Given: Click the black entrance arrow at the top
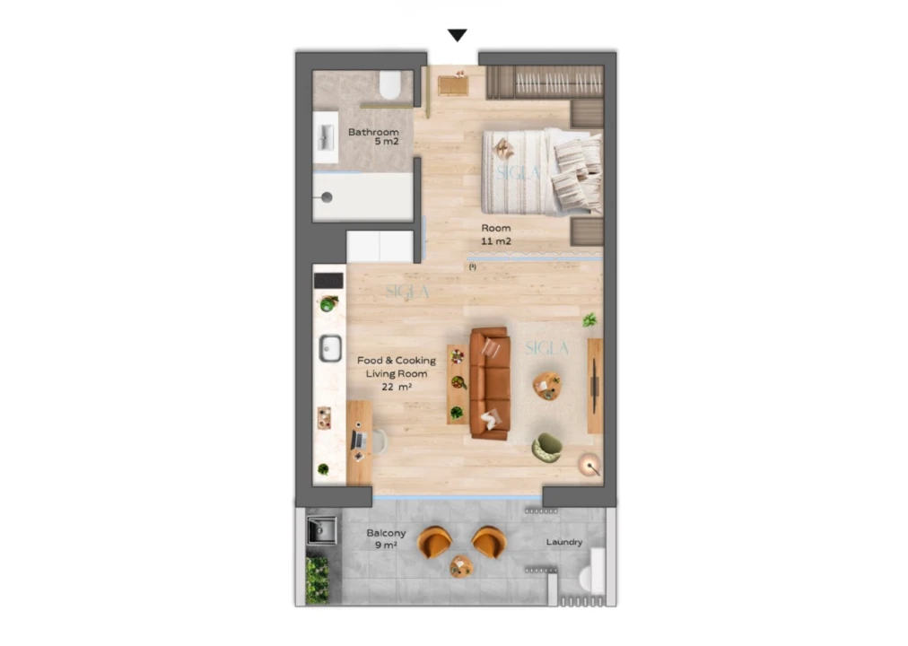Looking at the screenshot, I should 458,36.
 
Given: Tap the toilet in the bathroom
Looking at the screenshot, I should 390,87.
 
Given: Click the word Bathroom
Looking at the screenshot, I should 373,132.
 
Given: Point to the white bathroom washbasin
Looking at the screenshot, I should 324,137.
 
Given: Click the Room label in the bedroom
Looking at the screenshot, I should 495,228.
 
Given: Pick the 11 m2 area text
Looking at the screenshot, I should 495,242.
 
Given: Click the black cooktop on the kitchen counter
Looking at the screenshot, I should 328,281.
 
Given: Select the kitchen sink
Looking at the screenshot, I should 330,347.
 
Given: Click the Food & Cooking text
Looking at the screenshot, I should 396,361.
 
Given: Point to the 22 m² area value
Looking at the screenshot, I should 396,387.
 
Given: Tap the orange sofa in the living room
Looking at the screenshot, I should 490,383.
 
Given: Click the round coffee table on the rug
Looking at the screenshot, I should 546,387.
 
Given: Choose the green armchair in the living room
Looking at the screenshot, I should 546,447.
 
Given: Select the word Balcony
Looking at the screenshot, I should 386,533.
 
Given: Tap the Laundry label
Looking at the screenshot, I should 564,542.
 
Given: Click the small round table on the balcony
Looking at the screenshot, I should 461,566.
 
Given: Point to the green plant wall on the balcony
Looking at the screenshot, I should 317,580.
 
